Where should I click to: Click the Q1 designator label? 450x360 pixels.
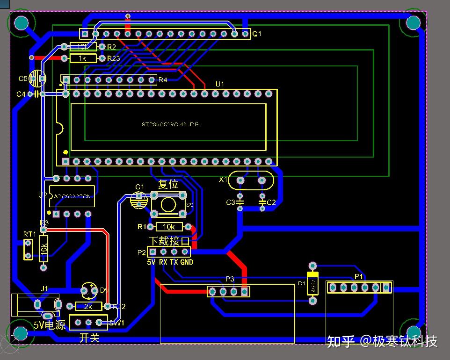[x=257, y=34]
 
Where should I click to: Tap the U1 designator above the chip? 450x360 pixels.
[x=220, y=84]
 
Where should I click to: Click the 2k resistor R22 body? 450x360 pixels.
[x=88, y=306]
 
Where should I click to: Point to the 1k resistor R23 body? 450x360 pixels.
[x=83, y=58]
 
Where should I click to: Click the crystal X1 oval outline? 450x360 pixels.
[x=250, y=180]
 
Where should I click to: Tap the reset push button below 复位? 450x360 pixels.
[x=168, y=205]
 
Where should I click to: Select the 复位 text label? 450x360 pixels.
[x=168, y=184]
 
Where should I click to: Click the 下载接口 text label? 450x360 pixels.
[x=169, y=241]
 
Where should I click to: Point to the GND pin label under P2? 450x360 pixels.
[x=186, y=262]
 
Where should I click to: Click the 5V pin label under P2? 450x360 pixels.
[x=151, y=262]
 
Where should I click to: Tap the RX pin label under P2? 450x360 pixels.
[x=163, y=262]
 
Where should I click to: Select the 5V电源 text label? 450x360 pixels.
[x=49, y=325]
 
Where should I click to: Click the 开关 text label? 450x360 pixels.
[x=89, y=338]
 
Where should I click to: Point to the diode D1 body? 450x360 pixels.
[x=312, y=283]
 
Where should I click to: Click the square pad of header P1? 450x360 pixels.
[x=386, y=287]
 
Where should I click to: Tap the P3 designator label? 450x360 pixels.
[x=230, y=279]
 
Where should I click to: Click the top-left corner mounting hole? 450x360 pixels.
[x=21, y=22]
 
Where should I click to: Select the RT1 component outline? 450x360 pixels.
[x=28, y=249]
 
